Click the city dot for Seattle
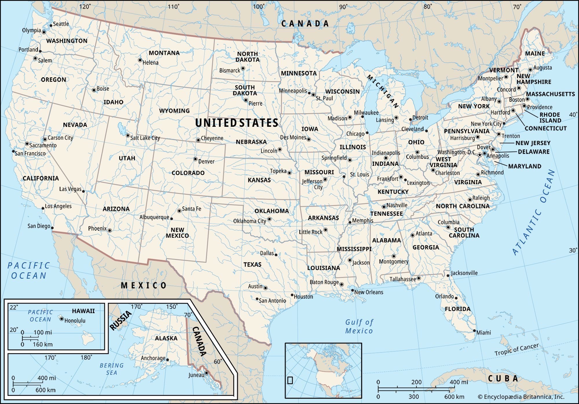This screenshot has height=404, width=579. (x=51, y=25)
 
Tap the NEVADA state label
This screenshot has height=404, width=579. (x=75, y=125)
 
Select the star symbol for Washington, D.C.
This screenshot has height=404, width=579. (x=479, y=155)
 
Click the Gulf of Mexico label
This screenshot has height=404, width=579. (x=359, y=326)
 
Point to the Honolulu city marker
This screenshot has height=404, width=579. (x=61, y=319)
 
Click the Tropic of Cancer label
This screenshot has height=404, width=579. (x=516, y=349)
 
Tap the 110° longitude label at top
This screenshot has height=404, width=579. (x=173, y=7)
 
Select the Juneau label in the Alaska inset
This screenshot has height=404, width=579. (x=196, y=375)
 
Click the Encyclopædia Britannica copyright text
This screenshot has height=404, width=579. (x=521, y=397)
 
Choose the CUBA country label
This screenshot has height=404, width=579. (x=503, y=379)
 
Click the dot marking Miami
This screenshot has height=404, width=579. (x=474, y=331)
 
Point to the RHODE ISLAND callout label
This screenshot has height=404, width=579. (x=550, y=117)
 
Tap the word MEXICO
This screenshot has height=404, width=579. (x=144, y=286)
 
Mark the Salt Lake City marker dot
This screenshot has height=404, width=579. (x=128, y=135)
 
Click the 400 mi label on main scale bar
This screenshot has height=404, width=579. (x=459, y=382)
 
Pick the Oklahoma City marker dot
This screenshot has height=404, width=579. (x=269, y=219)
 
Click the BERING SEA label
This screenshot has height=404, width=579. (x=111, y=369)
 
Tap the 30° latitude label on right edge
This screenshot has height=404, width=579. (x=573, y=250)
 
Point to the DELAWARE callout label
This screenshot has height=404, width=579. (x=534, y=152)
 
